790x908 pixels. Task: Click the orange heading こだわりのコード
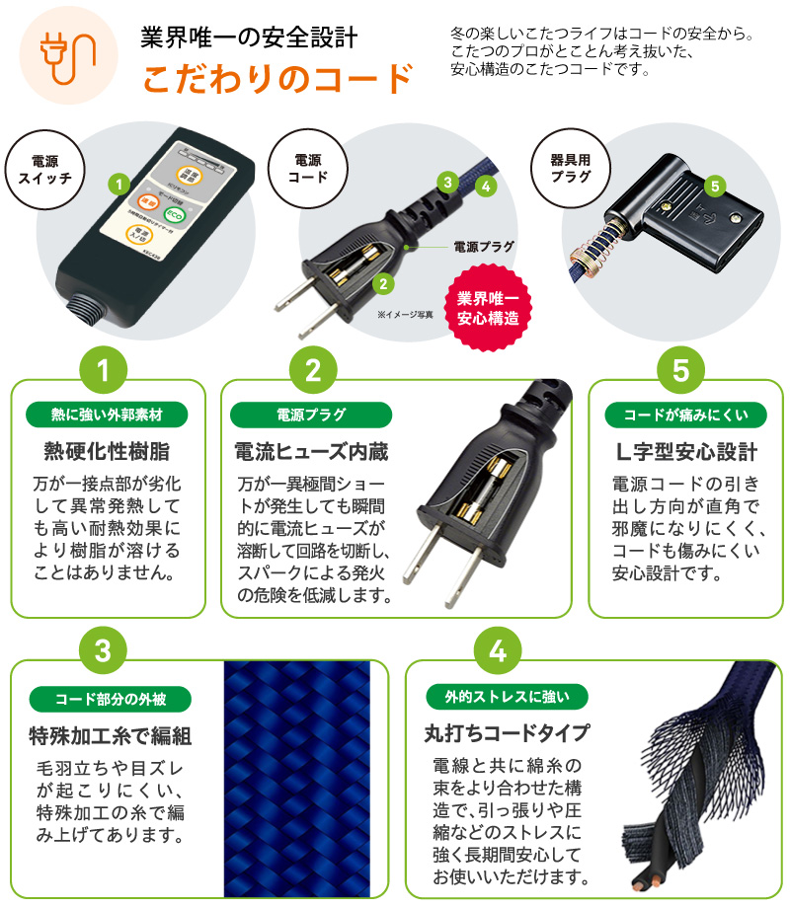[x=276, y=78]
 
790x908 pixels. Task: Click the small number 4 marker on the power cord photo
[x=485, y=185]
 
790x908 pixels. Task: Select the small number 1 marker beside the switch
[x=118, y=184]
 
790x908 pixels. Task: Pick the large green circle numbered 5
[x=680, y=370]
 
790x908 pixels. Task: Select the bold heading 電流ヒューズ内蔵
[x=311, y=452]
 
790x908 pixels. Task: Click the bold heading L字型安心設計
[x=680, y=452]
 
